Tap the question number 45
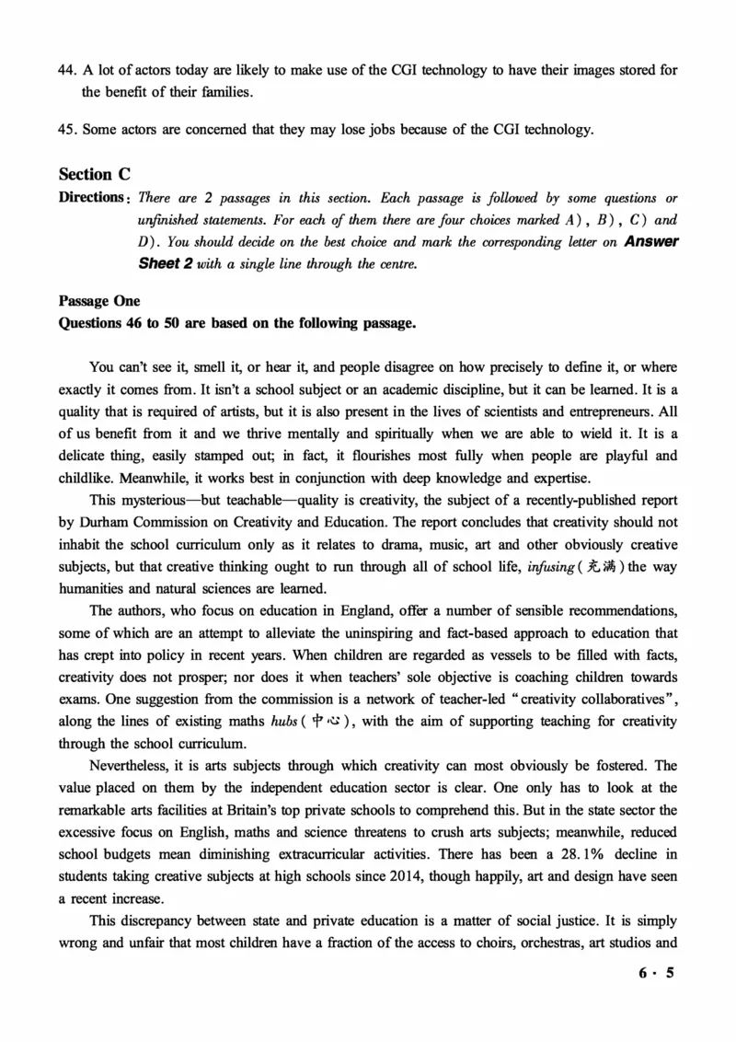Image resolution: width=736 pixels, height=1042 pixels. click(66, 129)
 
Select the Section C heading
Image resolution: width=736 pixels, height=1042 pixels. click(95, 174)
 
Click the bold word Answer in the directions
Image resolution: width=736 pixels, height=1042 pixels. click(651, 242)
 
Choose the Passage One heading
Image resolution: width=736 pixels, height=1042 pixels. click(98, 302)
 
